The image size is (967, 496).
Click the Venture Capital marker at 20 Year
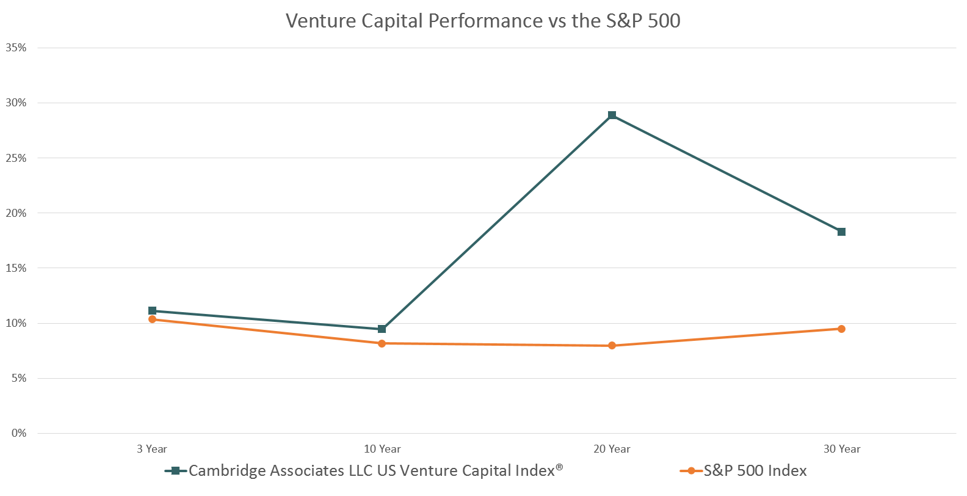tap(612, 115)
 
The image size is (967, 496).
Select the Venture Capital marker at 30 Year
tap(841, 232)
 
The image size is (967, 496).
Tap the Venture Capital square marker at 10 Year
tap(382, 329)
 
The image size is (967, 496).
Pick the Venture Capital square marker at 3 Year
tap(152, 311)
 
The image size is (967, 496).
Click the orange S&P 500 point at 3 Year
tap(152, 319)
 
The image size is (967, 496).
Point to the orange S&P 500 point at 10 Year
tap(382, 343)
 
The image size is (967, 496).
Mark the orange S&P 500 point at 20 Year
tap(612, 346)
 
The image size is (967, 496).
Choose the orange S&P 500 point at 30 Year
tap(841, 329)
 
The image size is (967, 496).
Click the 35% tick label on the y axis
tap(16, 48)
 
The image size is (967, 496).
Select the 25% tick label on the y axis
tap(16, 158)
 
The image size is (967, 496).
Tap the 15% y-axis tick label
tap(16, 268)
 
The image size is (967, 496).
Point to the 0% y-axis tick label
tap(19, 433)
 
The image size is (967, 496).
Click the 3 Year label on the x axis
tap(152, 449)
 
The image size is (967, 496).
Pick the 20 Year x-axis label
tap(612, 449)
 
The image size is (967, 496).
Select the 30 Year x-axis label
tap(841, 449)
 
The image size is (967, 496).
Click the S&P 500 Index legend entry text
tap(755, 471)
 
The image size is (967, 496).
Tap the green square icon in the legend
tap(176, 471)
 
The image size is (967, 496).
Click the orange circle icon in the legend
tap(691, 471)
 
